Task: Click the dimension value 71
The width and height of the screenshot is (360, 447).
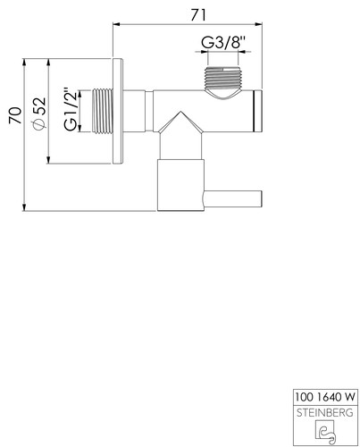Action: click(198, 15)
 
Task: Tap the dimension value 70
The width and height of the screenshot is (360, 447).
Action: click(15, 115)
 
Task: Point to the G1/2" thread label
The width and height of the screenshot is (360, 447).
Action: click(71, 109)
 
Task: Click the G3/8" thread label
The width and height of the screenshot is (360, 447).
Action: click(223, 42)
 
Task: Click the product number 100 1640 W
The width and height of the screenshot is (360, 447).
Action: click(325, 397)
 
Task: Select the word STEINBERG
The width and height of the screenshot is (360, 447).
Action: click(325, 413)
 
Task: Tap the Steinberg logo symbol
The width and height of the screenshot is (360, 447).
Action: click(325, 431)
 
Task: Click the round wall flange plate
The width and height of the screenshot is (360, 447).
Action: click(118, 111)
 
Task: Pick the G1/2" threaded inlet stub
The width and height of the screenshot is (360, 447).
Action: click(103, 111)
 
